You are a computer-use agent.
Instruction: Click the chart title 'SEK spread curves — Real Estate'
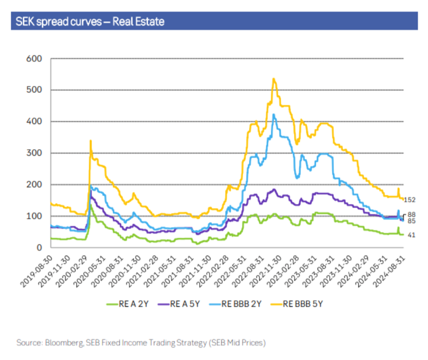point(90,21)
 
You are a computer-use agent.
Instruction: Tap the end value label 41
point(411,235)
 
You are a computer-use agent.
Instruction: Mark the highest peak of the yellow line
point(274,79)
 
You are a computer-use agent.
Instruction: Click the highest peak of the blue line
point(274,114)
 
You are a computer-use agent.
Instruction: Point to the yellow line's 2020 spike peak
point(90,141)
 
